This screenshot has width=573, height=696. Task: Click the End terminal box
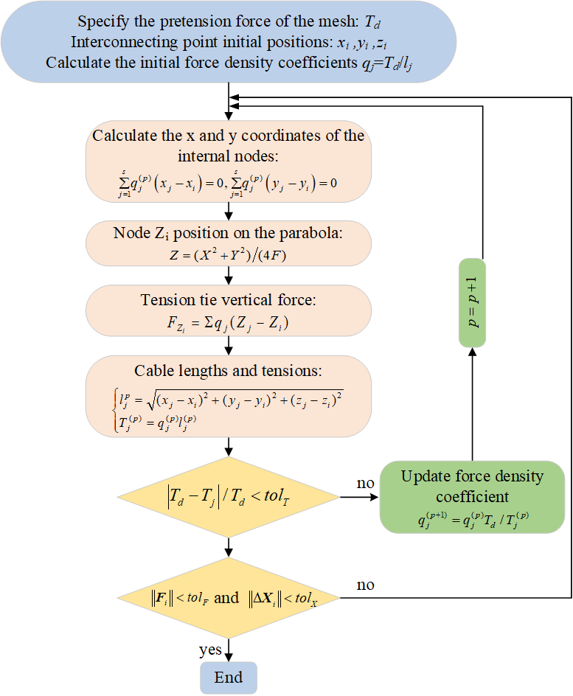pyautogui.click(x=229, y=677)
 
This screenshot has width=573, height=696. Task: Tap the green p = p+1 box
pyautogui.click(x=472, y=303)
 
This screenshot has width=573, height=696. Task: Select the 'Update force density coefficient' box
pyautogui.click(x=472, y=496)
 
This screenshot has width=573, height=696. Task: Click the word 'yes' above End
pyautogui.click(x=211, y=650)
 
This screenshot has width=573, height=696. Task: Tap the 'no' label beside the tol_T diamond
pyautogui.click(x=366, y=484)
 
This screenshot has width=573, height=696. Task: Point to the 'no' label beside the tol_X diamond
pyautogui.click(x=366, y=585)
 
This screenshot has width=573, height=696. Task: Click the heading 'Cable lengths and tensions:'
pyautogui.click(x=229, y=370)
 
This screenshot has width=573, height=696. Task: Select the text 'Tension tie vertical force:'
pyautogui.click(x=229, y=300)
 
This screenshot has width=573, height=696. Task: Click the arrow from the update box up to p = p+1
pyautogui.click(x=472, y=406)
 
